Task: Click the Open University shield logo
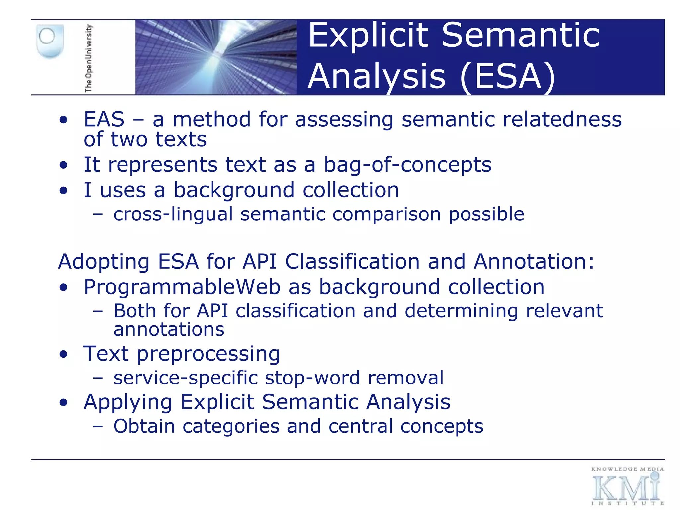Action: click(50, 41)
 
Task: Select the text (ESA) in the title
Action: click(508, 77)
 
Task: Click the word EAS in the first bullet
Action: click(104, 119)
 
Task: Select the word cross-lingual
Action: click(173, 214)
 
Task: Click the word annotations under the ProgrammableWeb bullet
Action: click(169, 330)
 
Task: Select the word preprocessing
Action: click(209, 354)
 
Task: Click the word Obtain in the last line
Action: click(144, 426)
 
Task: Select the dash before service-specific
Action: click(98, 378)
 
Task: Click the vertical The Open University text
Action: click(88, 58)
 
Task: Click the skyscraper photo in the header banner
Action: click(216, 57)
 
